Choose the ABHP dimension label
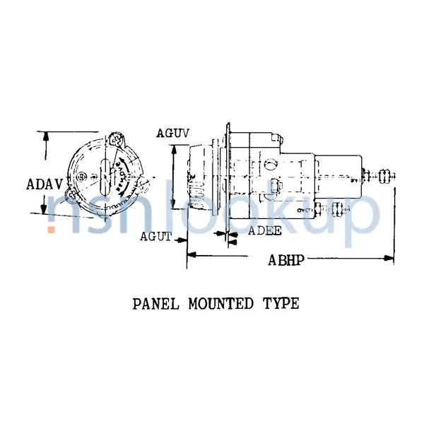286,259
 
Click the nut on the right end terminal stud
385,174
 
